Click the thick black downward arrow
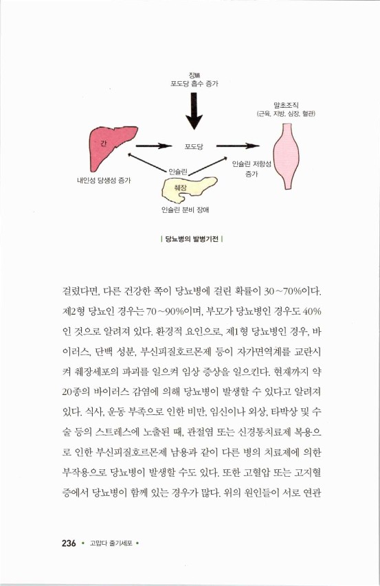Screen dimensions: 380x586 195,111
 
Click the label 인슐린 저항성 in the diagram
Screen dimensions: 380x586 252,166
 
